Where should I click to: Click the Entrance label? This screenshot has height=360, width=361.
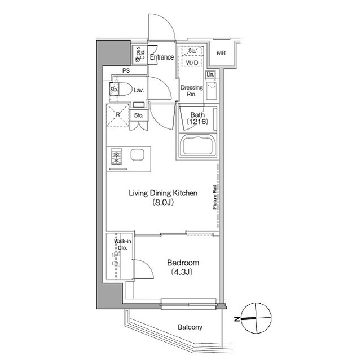coord(162,57)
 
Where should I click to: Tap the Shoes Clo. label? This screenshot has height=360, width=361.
coord(140,55)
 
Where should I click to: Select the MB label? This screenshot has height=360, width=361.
coord(221,53)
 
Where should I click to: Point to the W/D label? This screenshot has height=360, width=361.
coord(192,63)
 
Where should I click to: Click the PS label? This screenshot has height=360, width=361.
coord(126,70)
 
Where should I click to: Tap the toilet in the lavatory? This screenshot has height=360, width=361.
coord(120,89)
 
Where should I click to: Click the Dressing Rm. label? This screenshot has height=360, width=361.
coord(192,91)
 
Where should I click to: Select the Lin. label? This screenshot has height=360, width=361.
coord(210,74)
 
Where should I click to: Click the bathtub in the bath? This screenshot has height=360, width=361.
coord(198,145)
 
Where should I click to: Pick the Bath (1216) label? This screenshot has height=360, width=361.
coord(197,118)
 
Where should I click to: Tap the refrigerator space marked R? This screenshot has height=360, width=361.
coord(117,115)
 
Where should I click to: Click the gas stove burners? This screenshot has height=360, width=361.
coord(116,156)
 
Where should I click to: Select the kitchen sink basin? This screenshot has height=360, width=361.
coord(138,154)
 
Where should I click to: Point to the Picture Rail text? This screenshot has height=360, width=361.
coord(215,197)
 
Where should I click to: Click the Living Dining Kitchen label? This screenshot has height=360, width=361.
coord(163,197)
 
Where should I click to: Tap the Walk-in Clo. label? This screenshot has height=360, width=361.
coord(122,245)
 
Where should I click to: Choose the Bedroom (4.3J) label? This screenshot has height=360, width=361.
coord(183,267)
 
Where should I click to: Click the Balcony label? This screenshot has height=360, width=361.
coord(190,327)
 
